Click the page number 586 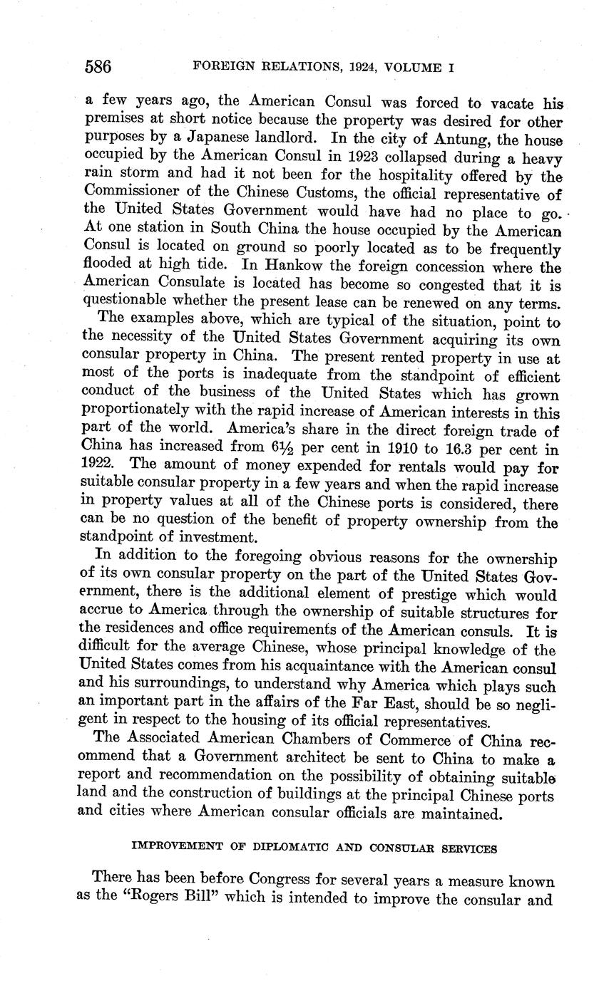coord(98,68)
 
